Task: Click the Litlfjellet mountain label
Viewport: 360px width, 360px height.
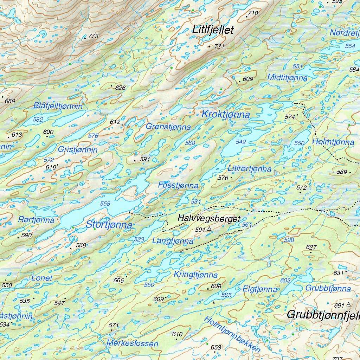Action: click(213, 30)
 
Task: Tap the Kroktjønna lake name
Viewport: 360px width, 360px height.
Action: click(225, 114)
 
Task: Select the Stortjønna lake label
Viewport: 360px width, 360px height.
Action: click(109, 225)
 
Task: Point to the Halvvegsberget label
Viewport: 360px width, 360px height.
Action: click(209, 218)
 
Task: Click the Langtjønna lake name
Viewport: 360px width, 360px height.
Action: click(173, 241)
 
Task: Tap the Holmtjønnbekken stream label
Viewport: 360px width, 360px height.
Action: click(232, 334)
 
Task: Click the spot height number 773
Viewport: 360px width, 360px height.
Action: click(94, 36)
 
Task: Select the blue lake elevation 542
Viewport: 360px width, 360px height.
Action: click(241, 142)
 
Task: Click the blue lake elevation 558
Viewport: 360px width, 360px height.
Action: click(105, 204)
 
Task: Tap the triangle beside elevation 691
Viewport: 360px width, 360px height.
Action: click(348, 304)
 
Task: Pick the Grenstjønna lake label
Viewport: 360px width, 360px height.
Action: click(168, 127)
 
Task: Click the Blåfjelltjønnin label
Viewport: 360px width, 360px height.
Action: click(58, 106)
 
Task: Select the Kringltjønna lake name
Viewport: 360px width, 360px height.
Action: click(195, 275)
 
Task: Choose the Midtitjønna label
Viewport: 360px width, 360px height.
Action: click(287, 77)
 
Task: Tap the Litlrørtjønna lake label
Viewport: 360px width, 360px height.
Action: click(249, 169)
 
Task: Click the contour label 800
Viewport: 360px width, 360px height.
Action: click(120, 12)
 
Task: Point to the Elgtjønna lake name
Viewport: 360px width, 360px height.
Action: click(260, 289)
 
